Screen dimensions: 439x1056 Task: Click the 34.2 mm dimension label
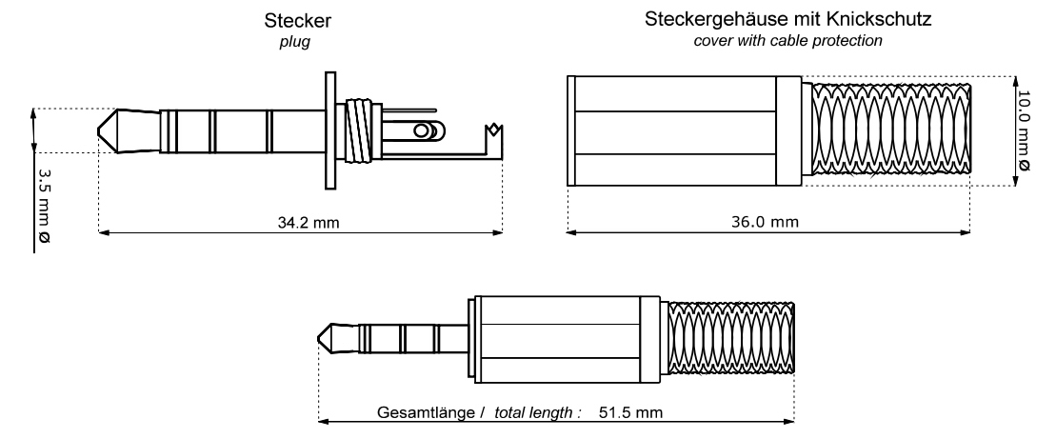(302, 223)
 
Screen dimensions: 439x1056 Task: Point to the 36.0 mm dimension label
(770, 223)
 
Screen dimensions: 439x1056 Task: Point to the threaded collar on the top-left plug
(360, 130)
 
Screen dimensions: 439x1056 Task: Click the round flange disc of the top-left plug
(330, 130)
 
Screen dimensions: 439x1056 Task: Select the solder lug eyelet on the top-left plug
(426, 130)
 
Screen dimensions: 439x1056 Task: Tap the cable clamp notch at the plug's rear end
(493, 130)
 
